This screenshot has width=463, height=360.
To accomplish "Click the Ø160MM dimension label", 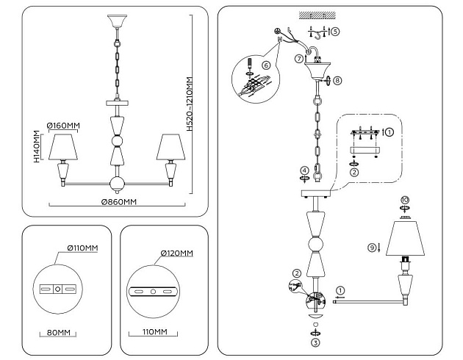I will (62, 126).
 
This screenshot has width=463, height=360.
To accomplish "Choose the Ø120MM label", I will (177, 253).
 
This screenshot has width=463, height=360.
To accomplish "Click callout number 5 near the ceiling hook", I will (335, 32).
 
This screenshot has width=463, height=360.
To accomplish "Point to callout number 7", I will (298, 57).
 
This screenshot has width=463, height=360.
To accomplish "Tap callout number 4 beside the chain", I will (304, 171).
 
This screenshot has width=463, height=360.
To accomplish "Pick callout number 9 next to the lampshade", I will (373, 247).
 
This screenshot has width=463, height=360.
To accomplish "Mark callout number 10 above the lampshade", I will (404, 200).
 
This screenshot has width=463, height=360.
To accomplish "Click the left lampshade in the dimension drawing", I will (63, 147).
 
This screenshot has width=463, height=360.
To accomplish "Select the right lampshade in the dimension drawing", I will (171, 147).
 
